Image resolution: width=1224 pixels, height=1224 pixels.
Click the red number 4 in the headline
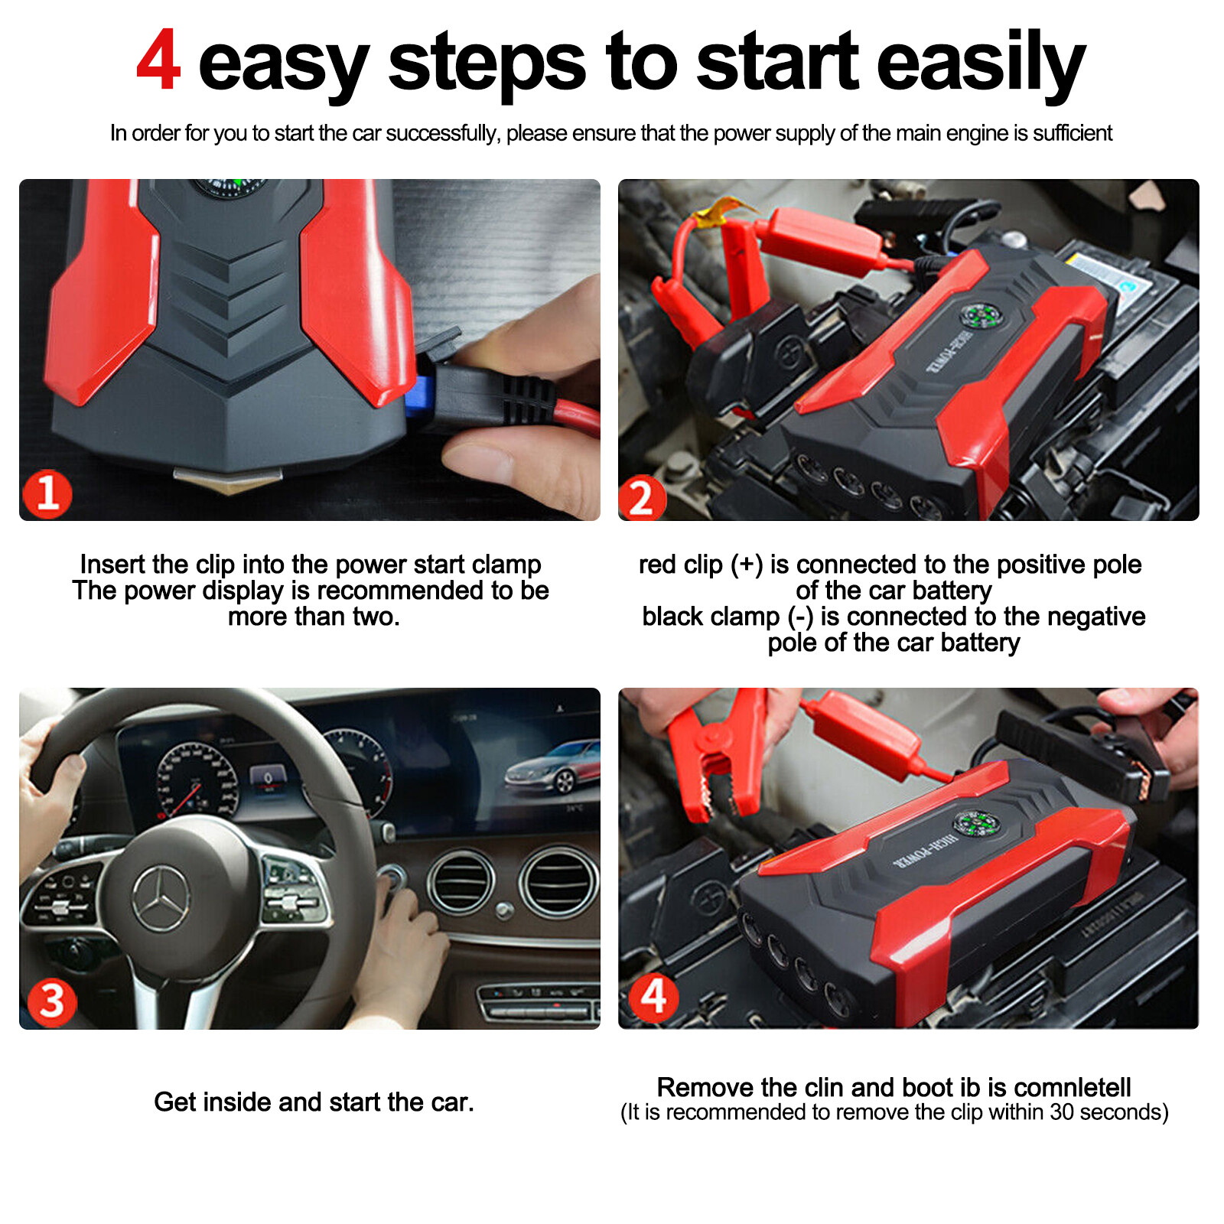(158, 61)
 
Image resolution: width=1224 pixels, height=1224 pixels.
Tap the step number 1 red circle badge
(47, 493)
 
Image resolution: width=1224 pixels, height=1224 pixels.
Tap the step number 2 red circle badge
(641, 498)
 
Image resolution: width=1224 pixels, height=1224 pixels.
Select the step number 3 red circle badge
(51, 1001)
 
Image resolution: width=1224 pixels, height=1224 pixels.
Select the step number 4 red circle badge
(653, 997)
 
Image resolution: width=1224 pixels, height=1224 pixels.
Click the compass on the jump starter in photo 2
(981, 314)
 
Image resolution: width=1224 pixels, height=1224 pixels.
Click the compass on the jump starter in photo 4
(975, 824)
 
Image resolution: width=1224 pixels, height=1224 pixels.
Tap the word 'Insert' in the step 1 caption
(112, 565)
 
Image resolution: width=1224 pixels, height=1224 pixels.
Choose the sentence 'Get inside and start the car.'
(314, 1102)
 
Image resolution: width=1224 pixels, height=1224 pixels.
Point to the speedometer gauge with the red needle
(197, 780)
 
